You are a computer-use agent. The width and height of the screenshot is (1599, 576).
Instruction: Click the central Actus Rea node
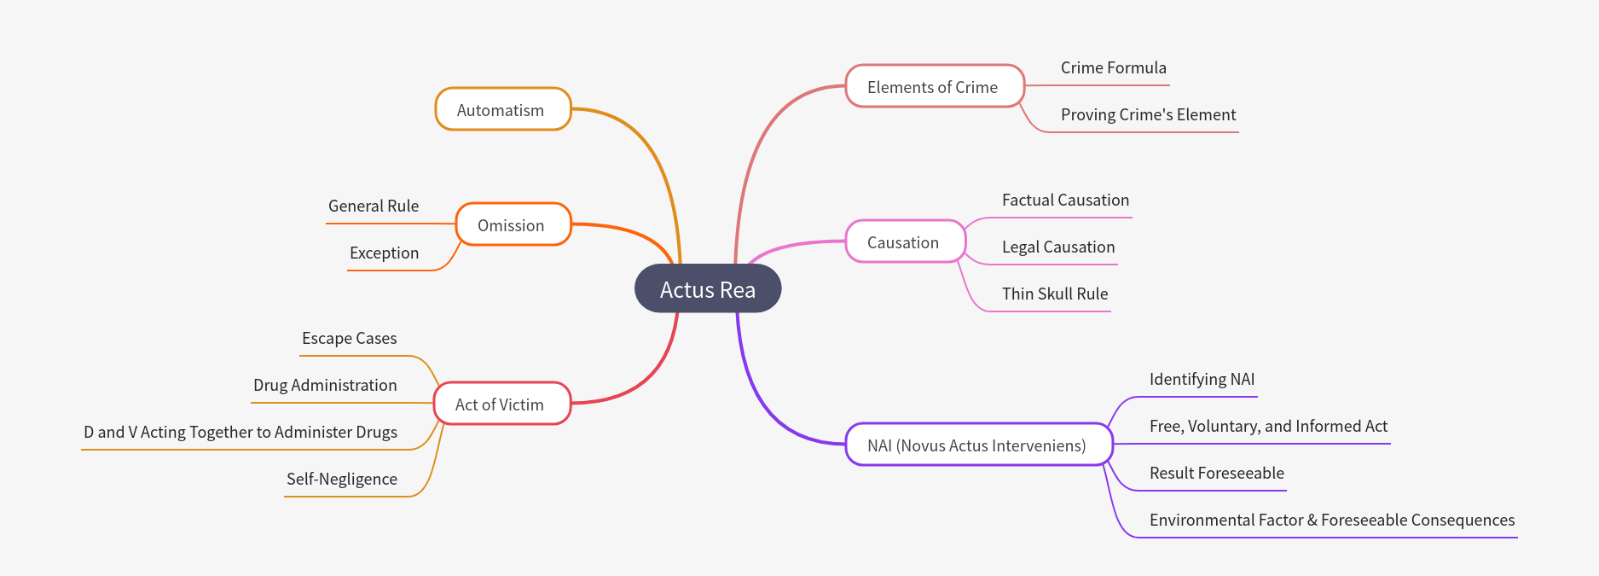click(707, 289)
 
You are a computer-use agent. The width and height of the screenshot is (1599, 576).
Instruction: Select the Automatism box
click(501, 110)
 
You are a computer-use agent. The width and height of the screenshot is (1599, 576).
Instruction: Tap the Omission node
click(512, 225)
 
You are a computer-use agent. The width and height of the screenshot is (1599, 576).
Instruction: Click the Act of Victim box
click(501, 404)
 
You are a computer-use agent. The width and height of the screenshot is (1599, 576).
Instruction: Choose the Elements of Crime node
click(933, 87)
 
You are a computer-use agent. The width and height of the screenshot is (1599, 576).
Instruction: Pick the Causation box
click(903, 242)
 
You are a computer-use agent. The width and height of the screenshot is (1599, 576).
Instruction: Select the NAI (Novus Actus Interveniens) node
click(977, 445)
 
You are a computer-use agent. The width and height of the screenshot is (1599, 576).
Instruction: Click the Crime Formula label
click(1113, 68)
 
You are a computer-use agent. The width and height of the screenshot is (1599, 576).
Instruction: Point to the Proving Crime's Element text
click(1148, 115)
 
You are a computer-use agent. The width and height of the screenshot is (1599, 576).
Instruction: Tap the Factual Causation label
click(1065, 201)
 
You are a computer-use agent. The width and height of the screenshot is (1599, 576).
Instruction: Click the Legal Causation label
click(1058, 247)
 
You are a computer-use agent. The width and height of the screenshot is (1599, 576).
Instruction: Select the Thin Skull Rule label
click(1055, 294)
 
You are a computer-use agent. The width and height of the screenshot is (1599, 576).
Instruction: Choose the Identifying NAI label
click(1202, 380)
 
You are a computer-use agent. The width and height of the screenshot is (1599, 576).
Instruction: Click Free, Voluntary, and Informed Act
click(1268, 427)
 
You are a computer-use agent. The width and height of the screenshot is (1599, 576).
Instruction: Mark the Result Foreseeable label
click(1216, 474)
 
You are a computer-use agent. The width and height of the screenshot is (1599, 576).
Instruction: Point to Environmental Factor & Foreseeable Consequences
click(1331, 521)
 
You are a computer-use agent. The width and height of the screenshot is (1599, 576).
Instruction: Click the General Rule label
click(374, 207)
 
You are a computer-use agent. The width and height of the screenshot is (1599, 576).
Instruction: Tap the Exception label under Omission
click(384, 253)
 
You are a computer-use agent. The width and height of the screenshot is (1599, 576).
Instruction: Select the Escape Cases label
click(349, 339)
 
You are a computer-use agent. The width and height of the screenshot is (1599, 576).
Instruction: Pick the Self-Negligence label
click(341, 480)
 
